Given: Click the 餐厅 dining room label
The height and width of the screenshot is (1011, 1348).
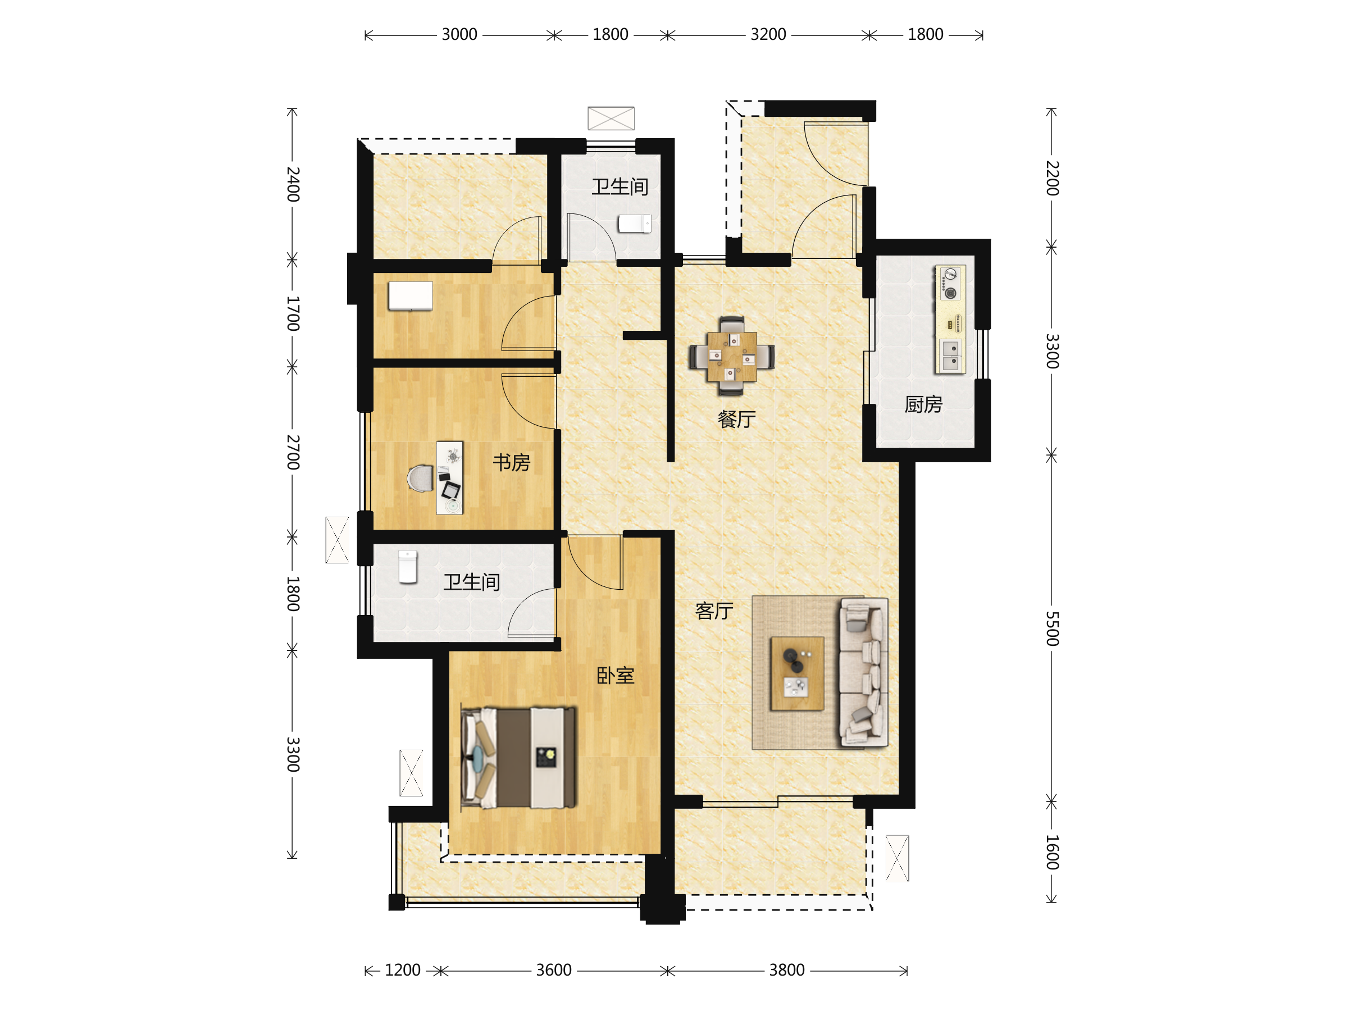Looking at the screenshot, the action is (737, 419).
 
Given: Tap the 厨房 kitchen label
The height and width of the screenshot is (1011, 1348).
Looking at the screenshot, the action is (923, 404).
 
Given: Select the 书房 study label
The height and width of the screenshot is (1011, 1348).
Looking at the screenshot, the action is (511, 463).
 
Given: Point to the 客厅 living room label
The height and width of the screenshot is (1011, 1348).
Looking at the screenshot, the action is (714, 611).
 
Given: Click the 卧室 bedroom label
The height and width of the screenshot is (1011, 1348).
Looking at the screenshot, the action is (615, 675).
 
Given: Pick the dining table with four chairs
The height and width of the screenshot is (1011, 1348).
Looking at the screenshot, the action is (732, 356).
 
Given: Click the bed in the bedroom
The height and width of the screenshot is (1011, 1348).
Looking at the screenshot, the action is (518, 758).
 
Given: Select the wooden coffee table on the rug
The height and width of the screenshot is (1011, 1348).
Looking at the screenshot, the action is (797, 673).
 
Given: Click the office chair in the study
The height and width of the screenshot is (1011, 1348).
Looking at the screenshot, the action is (421, 479).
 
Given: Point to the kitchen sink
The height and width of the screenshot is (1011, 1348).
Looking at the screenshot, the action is (950, 356).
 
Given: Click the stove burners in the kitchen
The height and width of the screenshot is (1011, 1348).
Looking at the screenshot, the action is (950, 284).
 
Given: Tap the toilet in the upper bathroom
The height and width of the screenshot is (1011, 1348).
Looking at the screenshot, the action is (634, 224).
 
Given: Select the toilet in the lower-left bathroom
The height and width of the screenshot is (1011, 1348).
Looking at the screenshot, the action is (408, 567).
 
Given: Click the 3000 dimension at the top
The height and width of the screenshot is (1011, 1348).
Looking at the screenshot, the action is (459, 35).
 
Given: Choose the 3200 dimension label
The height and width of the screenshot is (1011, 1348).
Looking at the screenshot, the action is (768, 35).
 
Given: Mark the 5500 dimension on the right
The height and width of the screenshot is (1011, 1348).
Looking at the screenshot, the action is (1053, 629).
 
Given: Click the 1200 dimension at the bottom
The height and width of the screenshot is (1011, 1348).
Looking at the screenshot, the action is (402, 970).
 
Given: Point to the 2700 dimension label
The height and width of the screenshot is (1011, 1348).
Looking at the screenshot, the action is (293, 452).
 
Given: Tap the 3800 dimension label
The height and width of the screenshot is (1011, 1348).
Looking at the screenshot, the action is (787, 970).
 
